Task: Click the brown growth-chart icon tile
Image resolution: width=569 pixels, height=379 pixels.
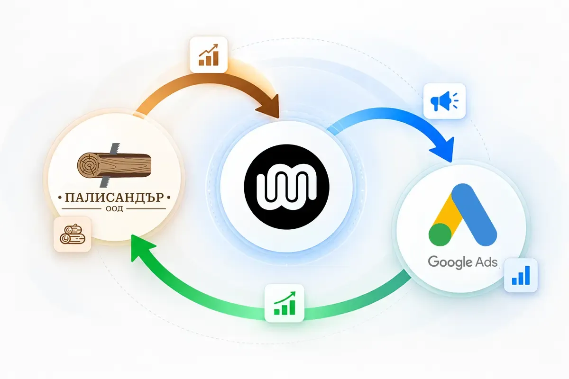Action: coord(209,54)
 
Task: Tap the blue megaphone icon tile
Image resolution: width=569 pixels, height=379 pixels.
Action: coord(445,101)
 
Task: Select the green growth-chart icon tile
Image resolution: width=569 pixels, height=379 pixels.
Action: coord(284,303)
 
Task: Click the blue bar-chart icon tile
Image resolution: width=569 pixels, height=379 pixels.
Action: coord(521,275)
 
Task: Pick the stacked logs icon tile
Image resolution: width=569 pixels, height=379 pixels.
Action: coord(73,235)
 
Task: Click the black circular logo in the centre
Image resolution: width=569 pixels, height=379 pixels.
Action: coord(286,187)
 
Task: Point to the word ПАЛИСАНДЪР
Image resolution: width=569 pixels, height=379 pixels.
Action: coord(114,197)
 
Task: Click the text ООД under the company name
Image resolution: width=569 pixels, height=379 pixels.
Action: coord(114,209)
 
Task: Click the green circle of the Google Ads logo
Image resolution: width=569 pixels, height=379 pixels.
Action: coord(440,235)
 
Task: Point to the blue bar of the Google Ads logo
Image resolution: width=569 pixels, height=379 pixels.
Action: coord(474,215)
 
